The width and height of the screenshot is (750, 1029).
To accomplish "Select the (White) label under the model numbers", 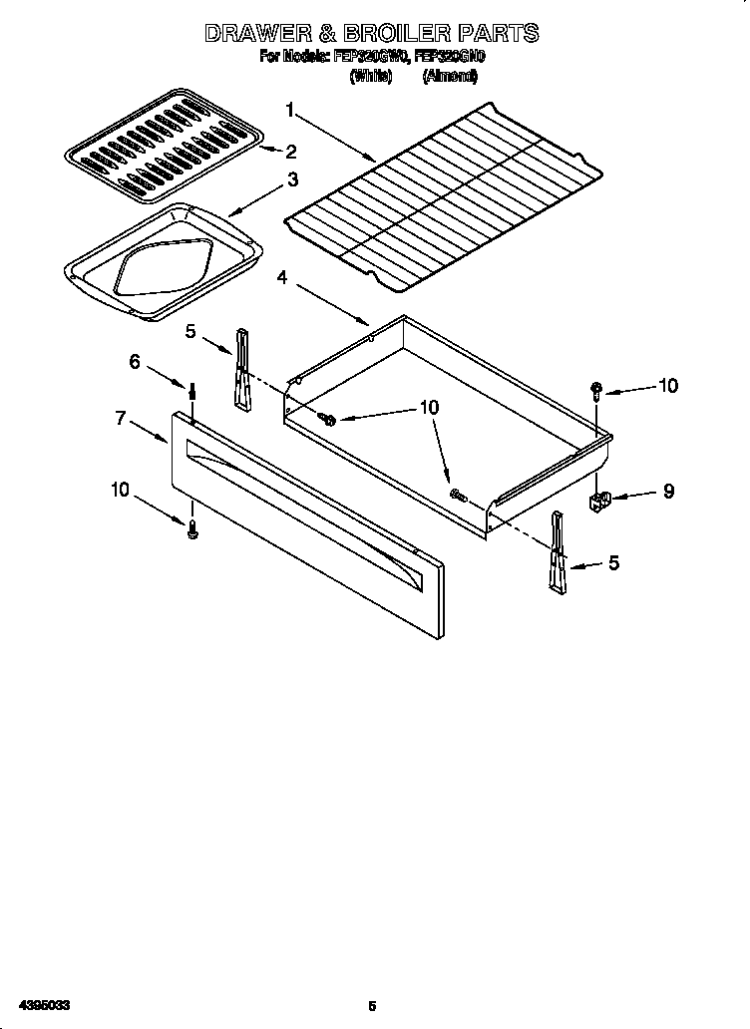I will (369, 75).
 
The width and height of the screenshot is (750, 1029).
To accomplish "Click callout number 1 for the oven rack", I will (290, 110).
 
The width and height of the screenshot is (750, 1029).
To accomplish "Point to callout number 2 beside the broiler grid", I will (291, 152).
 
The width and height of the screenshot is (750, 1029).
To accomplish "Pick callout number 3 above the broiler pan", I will (291, 179).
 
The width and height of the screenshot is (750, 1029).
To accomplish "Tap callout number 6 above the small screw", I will (135, 362).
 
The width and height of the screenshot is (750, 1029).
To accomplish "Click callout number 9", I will (668, 491).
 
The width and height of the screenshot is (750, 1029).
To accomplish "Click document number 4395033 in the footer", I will (38, 1005).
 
